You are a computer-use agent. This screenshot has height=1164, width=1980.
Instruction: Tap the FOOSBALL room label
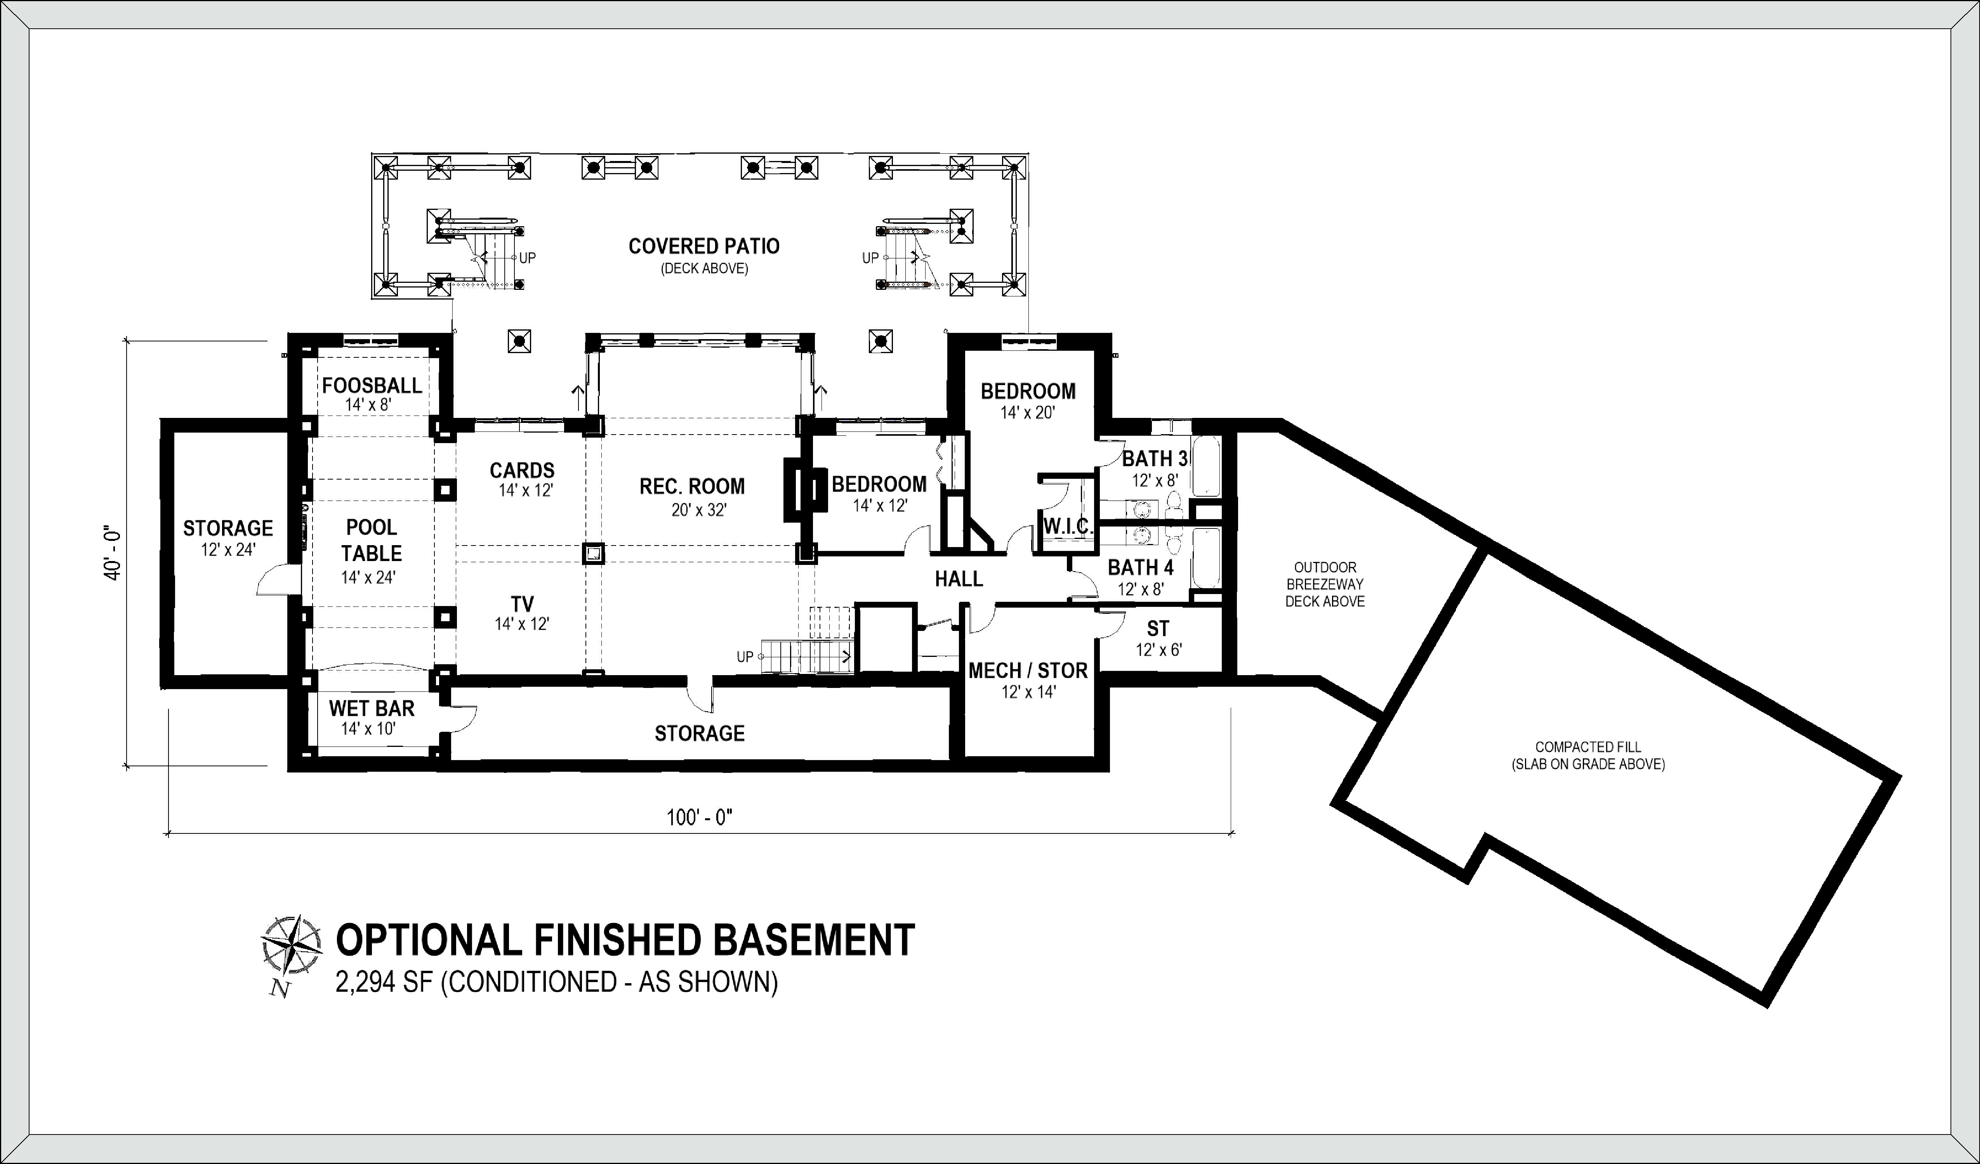click(372, 386)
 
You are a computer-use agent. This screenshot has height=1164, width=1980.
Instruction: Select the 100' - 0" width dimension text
click(699, 818)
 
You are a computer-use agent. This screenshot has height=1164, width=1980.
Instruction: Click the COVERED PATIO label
click(704, 246)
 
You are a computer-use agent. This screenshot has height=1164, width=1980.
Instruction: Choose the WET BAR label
click(372, 708)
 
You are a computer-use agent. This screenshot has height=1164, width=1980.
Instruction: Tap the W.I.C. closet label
click(1068, 526)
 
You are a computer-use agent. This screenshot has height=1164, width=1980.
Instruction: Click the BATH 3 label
click(1154, 458)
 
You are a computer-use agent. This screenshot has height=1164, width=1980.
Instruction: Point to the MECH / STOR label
click(1028, 671)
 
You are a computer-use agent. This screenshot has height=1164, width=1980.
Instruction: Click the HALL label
click(959, 579)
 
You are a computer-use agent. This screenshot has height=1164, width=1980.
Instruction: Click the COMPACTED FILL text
click(1588, 747)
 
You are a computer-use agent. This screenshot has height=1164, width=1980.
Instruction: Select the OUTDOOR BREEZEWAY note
click(1325, 584)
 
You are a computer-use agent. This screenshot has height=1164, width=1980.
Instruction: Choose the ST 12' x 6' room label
click(1158, 639)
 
